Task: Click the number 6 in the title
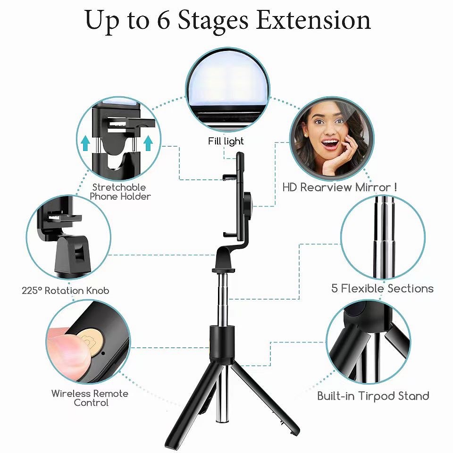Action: pos(164,20)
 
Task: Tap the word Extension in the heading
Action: pos(313,20)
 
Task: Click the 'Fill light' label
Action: pos(226,141)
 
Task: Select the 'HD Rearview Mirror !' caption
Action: pos(339,187)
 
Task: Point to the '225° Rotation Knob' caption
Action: pos(66,290)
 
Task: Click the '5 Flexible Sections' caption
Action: pos(382,288)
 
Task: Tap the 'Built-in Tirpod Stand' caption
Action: pos(373,396)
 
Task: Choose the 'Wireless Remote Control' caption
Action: pos(90,398)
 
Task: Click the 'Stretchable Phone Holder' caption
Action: pos(120,192)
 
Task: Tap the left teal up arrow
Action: pos(85,143)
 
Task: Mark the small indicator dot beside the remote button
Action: pos(103,352)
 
